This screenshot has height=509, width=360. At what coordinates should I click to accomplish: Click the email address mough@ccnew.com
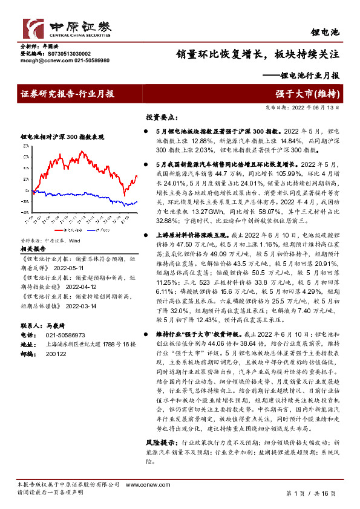click(38, 61)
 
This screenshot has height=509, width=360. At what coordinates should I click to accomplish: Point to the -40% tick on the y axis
click(24, 212)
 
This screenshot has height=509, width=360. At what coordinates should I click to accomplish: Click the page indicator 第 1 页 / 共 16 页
click(310, 493)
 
